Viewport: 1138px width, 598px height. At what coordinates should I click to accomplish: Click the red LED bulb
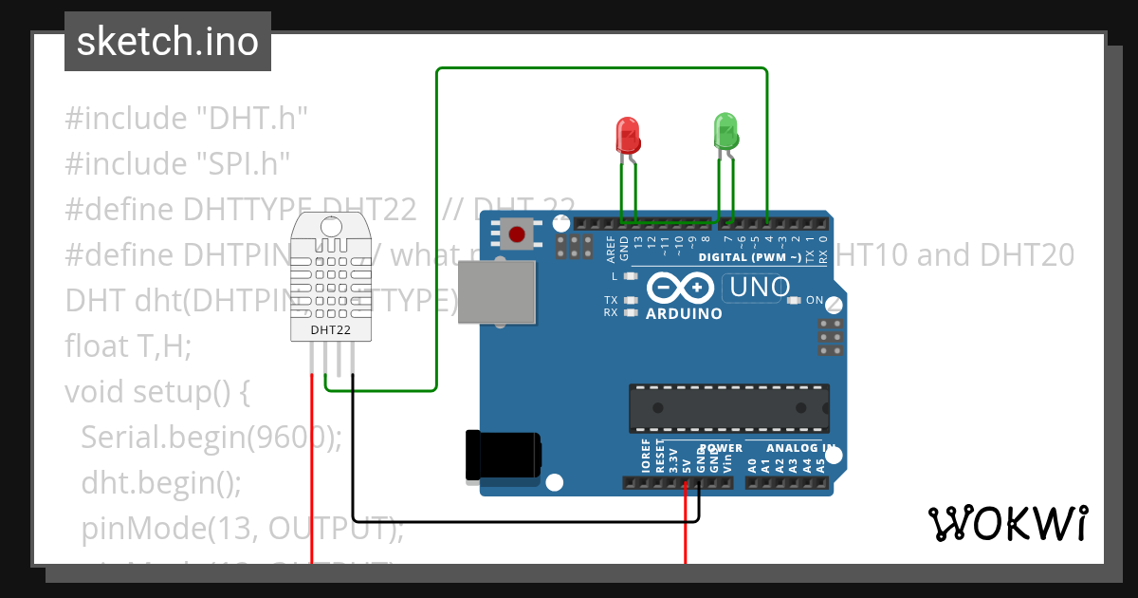628,136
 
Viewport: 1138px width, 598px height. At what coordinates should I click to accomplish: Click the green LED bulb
725,131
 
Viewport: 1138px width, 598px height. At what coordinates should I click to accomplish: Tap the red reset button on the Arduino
517,234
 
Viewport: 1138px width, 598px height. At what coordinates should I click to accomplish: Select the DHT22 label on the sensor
331,330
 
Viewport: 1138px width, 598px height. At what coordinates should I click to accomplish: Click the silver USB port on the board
496,291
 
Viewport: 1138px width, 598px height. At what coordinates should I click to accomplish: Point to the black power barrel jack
503,455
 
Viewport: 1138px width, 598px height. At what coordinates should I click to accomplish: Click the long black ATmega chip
728,407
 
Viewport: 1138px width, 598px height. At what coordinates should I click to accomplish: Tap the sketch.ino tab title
168,42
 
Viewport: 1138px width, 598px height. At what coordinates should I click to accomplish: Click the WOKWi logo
1007,523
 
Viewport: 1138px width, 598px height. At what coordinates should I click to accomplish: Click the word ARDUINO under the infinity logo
683,313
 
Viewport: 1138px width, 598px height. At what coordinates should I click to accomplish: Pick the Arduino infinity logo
680,288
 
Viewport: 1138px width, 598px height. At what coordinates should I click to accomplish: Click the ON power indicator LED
795,301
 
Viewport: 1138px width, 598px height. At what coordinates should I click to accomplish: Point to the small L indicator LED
629,276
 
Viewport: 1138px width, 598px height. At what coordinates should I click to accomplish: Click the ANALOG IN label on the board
800,448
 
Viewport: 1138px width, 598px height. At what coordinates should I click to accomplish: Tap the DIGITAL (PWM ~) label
748,257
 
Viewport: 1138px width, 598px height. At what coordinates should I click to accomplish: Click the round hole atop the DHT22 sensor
331,226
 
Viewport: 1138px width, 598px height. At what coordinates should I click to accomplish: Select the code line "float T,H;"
128,346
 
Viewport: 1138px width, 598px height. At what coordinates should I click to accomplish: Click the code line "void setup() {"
156,391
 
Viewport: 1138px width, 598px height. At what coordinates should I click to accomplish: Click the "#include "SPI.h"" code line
176,163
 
